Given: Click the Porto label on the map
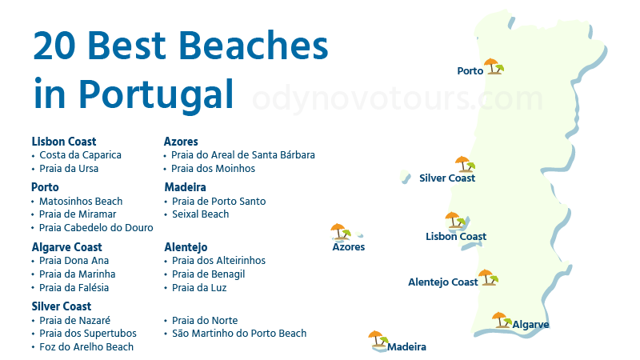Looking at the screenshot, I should coord(470,71).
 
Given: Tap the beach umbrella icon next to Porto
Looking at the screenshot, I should coord(493,66).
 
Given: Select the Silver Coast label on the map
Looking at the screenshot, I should coord(447,178).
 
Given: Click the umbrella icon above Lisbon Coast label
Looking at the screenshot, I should coord(455,219).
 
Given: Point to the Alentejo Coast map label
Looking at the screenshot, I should coord(442,282).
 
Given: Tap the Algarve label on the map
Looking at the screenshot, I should coord(530,325).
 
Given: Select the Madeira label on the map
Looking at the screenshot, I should coord(406,347).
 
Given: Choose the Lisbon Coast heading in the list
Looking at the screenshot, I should coord(64,142).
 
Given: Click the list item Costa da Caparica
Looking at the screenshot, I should coord(80,155).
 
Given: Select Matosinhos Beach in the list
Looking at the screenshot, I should coord(81,202).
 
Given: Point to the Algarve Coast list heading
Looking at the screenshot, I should coord(66,247).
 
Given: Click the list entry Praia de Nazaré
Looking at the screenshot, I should coord(75,320).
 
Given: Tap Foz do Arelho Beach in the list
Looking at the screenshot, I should coord(86,347).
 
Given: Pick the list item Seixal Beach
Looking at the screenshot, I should coord(200,214).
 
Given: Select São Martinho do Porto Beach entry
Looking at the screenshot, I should coord(238,334).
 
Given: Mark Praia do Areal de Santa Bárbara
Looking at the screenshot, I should coord(243,155).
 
